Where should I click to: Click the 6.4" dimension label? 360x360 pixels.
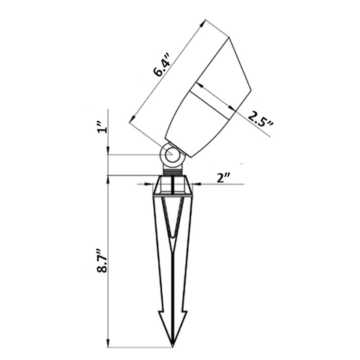click(163, 65)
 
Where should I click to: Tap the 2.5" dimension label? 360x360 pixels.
click(261, 121)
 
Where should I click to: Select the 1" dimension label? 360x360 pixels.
click(103, 127)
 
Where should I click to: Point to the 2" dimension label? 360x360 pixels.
click(223, 178)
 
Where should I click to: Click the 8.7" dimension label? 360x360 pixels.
click(103, 261)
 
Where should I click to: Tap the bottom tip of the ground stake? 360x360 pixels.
click(172, 346)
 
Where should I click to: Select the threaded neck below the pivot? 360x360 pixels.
click(172, 171)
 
